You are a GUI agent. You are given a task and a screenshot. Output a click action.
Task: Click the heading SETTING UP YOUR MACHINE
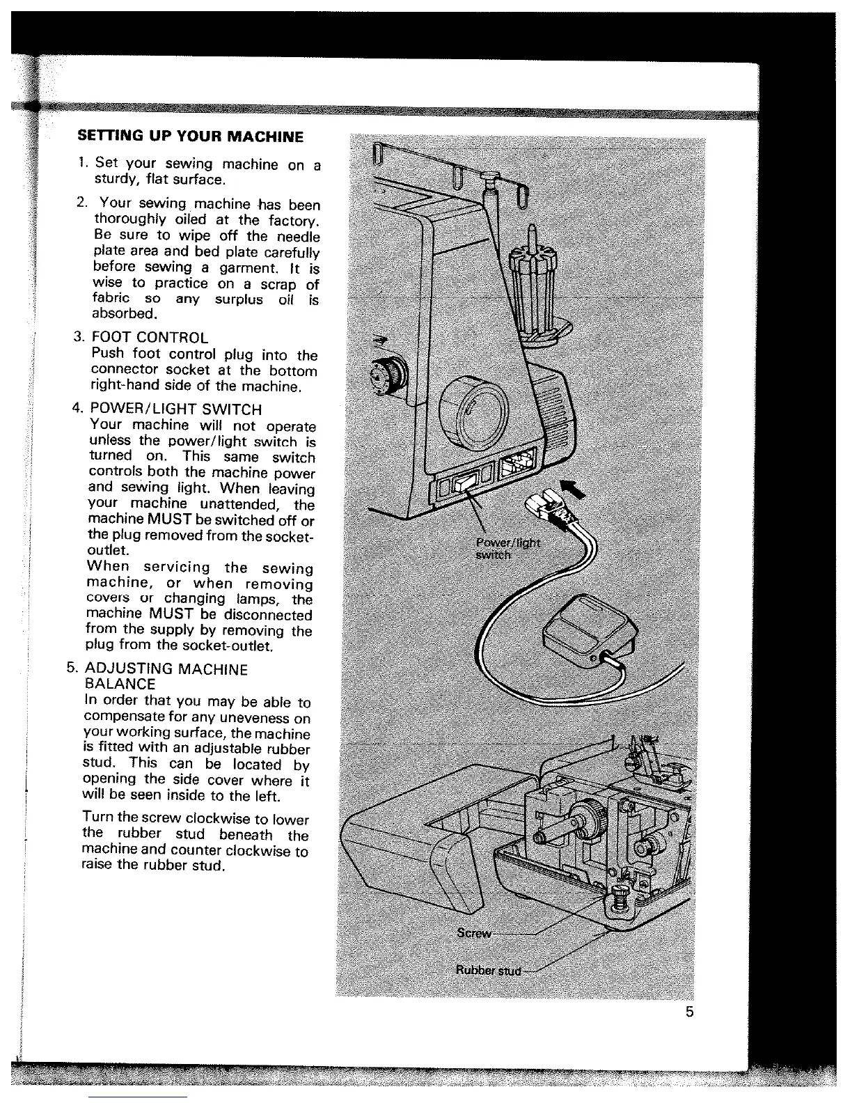pyautogui.click(x=190, y=136)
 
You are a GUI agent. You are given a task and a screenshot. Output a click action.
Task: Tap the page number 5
pyautogui.click(x=689, y=1012)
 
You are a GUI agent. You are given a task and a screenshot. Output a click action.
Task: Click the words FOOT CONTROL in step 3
pyautogui.click(x=150, y=338)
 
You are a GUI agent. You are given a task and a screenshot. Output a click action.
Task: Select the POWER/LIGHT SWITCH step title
pyautogui.click(x=176, y=409)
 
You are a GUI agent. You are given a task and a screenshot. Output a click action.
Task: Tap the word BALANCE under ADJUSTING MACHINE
pyautogui.click(x=119, y=685)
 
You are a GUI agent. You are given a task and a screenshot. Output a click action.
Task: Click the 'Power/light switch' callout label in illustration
pyautogui.click(x=507, y=549)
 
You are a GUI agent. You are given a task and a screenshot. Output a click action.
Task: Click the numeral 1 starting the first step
pyautogui.click(x=82, y=163)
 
